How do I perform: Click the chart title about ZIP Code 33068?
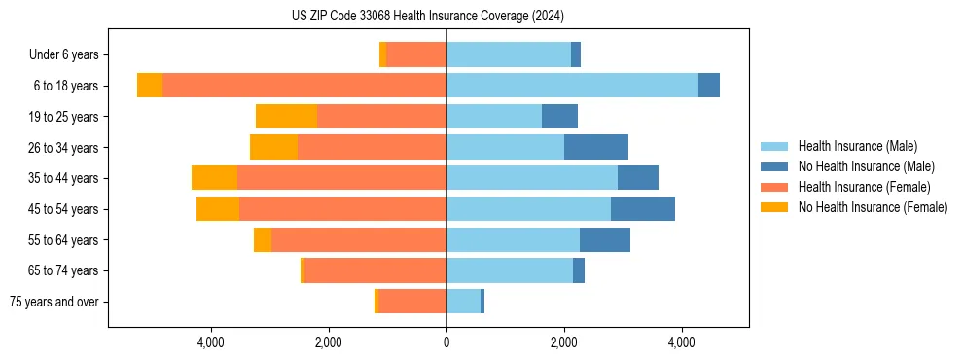click(x=427, y=16)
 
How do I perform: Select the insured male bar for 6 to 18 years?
click(x=572, y=86)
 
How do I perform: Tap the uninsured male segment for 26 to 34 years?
click(x=595, y=147)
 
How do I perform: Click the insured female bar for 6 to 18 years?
click(x=303, y=86)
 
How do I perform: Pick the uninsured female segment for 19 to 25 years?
click(x=286, y=117)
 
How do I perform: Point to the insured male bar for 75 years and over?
click(x=463, y=302)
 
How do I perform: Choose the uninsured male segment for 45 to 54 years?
click(x=642, y=209)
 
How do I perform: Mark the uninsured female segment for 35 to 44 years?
click(x=214, y=178)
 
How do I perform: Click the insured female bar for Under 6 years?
click(x=416, y=54)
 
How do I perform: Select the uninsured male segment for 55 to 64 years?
click(x=604, y=239)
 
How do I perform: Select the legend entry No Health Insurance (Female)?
click(x=873, y=207)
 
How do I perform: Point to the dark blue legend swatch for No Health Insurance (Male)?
click(x=775, y=166)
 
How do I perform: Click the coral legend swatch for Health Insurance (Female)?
click(x=775, y=187)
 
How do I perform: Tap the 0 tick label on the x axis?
click(x=446, y=342)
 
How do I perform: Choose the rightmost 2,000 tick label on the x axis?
click(x=564, y=342)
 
